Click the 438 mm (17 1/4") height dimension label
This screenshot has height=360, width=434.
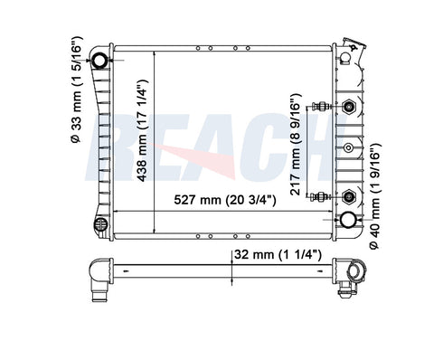tap(142, 131)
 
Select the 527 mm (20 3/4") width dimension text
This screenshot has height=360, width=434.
tap(225, 200)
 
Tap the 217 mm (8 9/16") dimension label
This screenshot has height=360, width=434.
tap(296, 144)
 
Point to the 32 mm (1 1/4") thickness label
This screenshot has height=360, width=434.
tap(278, 255)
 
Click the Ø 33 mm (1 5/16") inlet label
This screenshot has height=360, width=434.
tap(76, 90)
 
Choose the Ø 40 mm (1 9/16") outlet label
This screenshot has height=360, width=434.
tap(375, 196)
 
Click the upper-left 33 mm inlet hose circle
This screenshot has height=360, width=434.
tap(99, 61)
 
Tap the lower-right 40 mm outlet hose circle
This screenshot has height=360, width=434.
tap(348, 220)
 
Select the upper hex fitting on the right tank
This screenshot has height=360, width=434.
tap(349, 107)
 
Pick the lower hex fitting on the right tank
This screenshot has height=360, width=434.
tap(349, 197)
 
